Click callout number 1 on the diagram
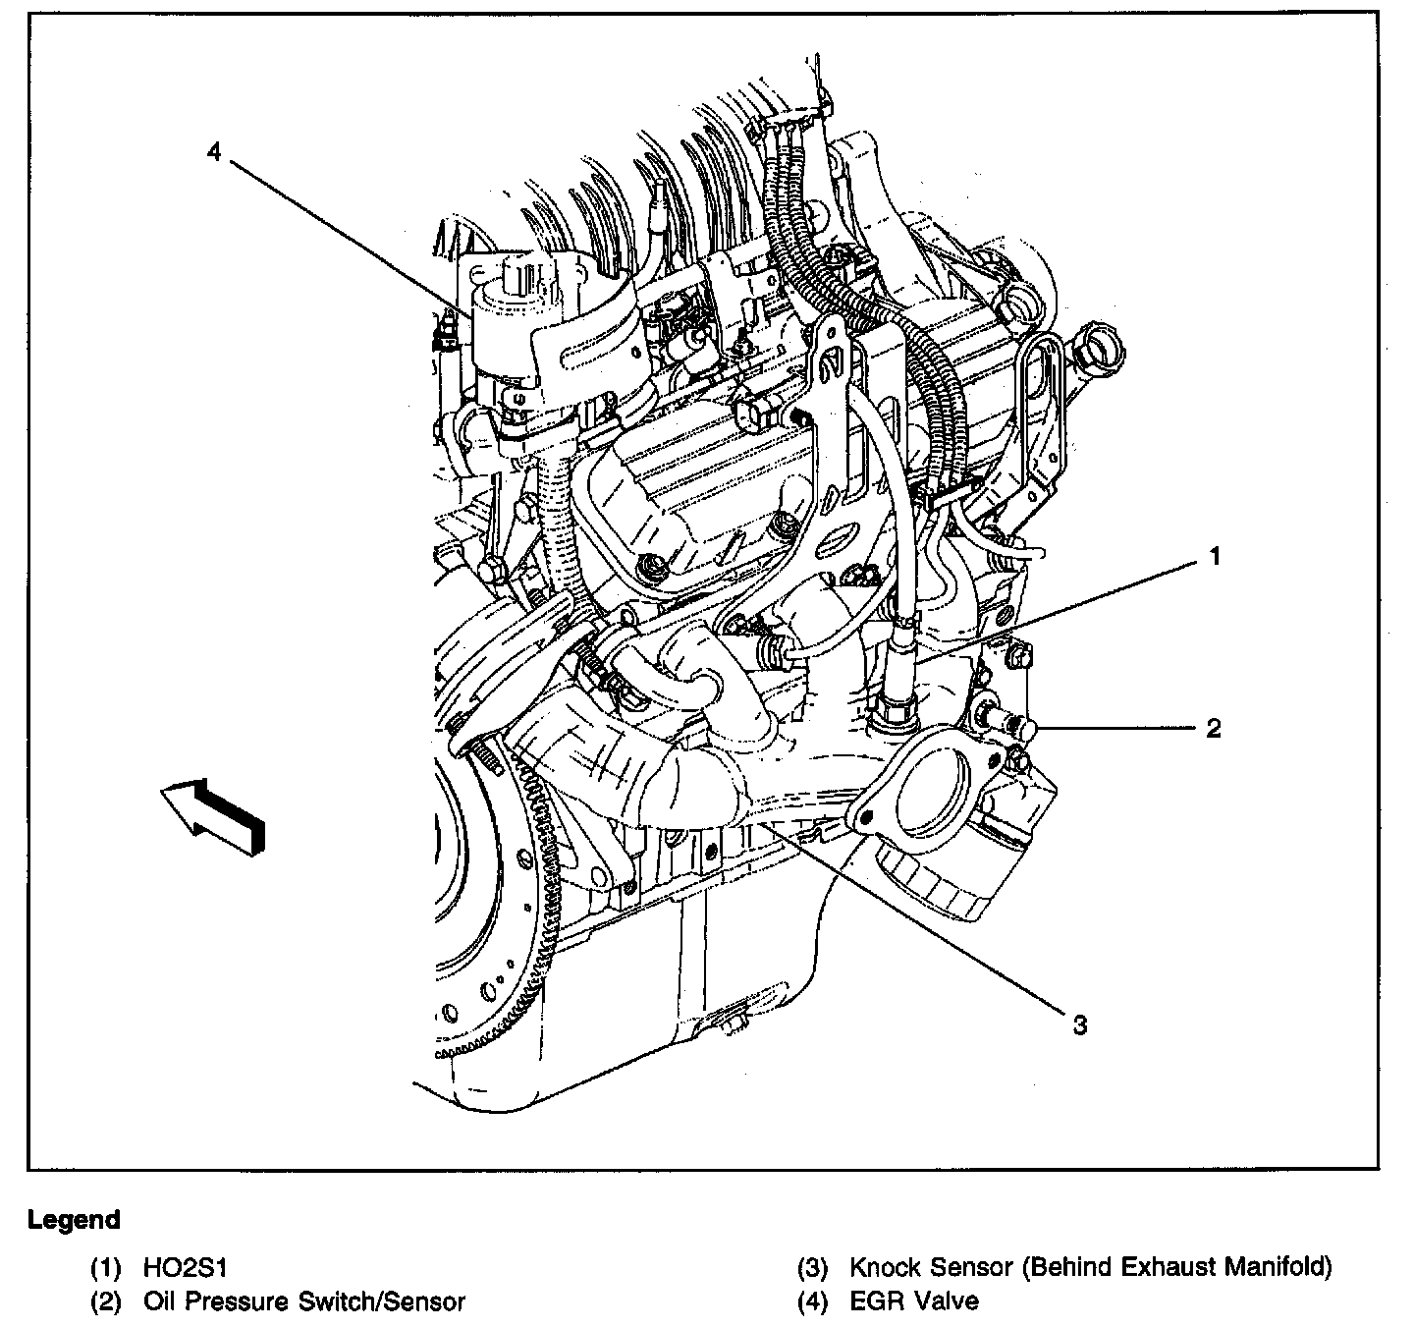(x=1215, y=557)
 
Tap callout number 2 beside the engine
(x=1214, y=728)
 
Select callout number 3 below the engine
(x=1079, y=1025)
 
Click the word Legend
(x=74, y=1220)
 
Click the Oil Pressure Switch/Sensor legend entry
(x=303, y=1301)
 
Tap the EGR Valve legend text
(x=914, y=1301)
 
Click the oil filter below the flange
(x=943, y=879)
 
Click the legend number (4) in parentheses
(x=813, y=1301)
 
